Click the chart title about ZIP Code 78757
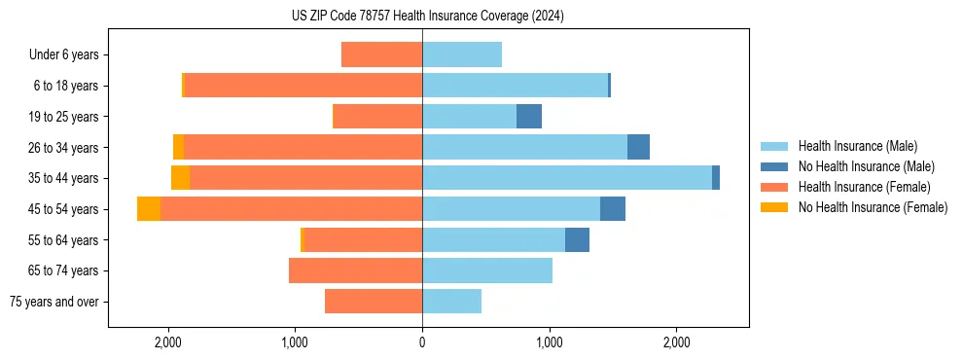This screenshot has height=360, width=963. pyautogui.click(x=427, y=16)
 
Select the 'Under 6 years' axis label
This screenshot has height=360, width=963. pyautogui.click(x=69, y=54)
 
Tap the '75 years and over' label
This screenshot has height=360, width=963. pyautogui.click(x=54, y=302)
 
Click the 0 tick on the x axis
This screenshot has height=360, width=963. pyautogui.click(x=422, y=342)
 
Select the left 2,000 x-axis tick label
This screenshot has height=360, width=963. pyautogui.click(x=168, y=342)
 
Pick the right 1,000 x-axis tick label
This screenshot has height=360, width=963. pyautogui.click(x=550, y=342)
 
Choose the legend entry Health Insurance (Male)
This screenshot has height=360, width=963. pyautogui.click(x=857, y=146)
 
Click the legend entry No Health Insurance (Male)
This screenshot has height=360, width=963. pyautogui.click(x=866, y=166)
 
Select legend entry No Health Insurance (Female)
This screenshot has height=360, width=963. pyautogui.click(x=873, y=207)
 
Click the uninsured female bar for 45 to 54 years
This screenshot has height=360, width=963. pyautogui.click(x=149, y=209)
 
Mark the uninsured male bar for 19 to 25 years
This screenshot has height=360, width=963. pyautogui.click(x=529, y=117)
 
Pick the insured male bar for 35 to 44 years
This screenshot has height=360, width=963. pyautogui.click(x=567, y=178)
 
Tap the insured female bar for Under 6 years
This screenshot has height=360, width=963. pyautogui.click(x=381, y=54)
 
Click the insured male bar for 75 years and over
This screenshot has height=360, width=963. pyautogui.click(x=451, y=302)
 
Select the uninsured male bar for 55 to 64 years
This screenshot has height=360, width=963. pyautogui.click(x=577, y=239)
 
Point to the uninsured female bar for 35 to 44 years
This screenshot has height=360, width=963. pyautogui.click(x=181, y=178)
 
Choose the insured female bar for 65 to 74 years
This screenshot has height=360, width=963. pyautogui.click(x=355, y=270)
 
